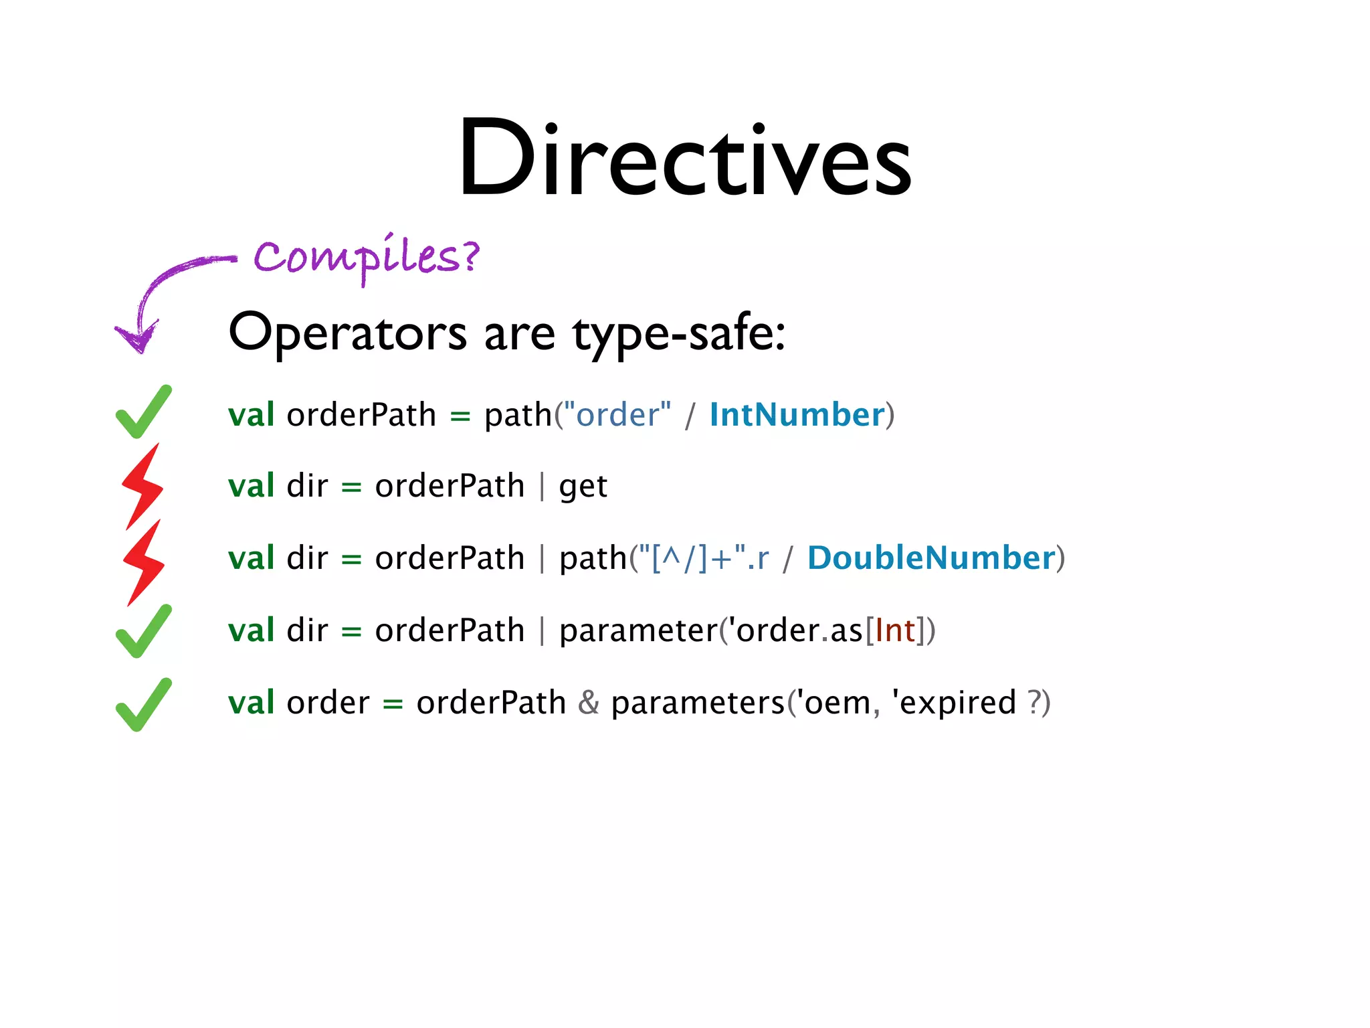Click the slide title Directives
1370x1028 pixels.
tap(684, 159)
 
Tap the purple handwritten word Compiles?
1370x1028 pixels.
tap(367, 258)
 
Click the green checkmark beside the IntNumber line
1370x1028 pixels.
tap(143, 412)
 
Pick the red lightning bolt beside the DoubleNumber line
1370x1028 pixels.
tap(144, 563)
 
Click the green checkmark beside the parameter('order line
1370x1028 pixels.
tap(143, 632)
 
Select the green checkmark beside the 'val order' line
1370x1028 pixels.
tap(143, 705)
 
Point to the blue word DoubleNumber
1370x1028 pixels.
tap(931, 558)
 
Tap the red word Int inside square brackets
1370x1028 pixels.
tap(895, 630)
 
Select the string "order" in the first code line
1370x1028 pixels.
tap(617, 415)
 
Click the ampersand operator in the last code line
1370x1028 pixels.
tap(589, 703)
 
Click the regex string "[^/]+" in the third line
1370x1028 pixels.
tap(692, 558)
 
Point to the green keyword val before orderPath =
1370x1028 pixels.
tap(251, 415)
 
